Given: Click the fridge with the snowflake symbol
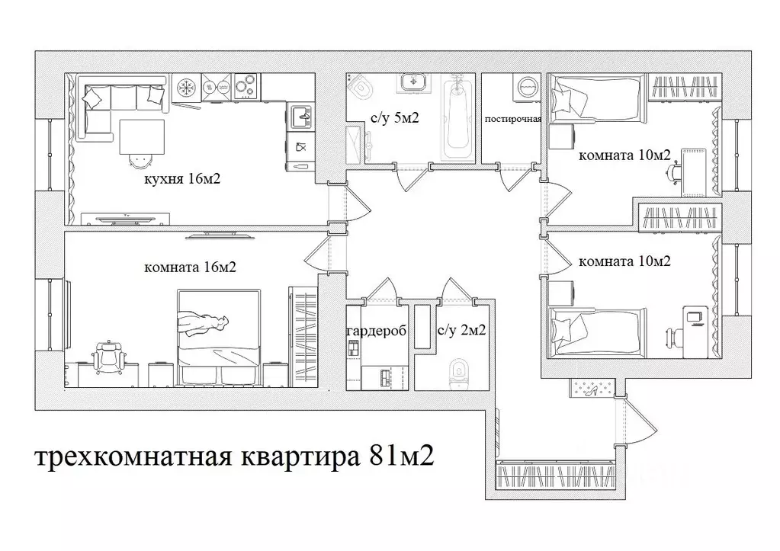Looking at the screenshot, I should click(185, 87).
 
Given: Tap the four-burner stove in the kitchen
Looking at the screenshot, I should click(245, 86).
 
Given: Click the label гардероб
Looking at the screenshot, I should click(376, 332).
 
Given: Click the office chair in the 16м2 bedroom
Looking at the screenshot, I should click(108, 356).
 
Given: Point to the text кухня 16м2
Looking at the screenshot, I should click(178, 180).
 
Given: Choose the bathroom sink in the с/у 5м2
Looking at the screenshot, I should click(414, 82).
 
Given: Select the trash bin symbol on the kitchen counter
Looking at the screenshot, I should click(300, 146).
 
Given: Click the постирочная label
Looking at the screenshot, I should click(513, 119).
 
